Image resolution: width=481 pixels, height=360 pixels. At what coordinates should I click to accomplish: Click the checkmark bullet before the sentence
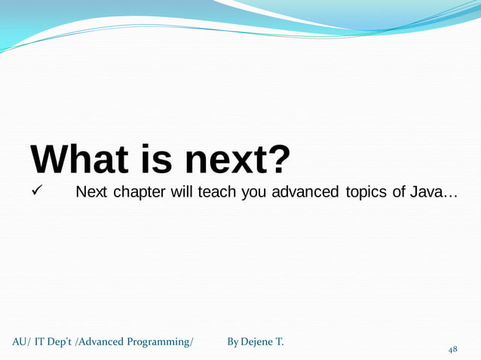click(x=35, y=192)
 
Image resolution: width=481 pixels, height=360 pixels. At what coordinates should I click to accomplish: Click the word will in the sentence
click(x=182, y=192)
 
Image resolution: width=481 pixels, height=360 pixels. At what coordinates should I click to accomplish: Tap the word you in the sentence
click(x=255, y=192)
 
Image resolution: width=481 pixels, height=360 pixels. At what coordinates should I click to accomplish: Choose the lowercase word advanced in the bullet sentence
click(x=305, y=192)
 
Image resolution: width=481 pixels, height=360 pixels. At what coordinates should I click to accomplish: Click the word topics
click(x=366, y=192)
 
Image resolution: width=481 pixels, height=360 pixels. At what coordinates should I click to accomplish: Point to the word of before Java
click(x=399, y=192)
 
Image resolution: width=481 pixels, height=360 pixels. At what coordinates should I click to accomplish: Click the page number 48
click(x=452, y=349)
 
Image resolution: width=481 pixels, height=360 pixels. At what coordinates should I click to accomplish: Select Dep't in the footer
click(x=62, y=343)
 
